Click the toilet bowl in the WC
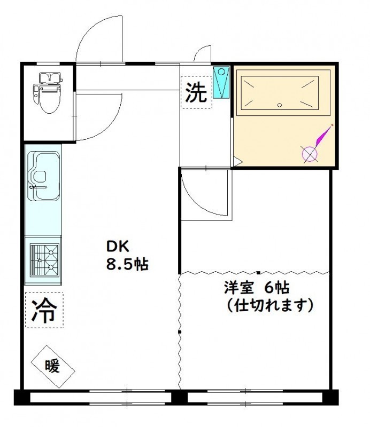coord(49,99)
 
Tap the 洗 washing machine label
coord(196,92)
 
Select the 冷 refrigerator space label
coord(44,310)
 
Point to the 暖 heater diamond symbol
coord(53,367)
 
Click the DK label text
coord(117,247)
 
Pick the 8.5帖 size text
coord(127,264)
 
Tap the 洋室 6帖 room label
coord(257,288)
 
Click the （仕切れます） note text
coord(269,305)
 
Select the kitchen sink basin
coord(43,176)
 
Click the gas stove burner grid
coord(44,260)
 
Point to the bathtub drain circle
coord(280,105)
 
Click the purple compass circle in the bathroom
coord(310,154)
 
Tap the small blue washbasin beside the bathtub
coord(221,82)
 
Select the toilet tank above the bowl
coord(49,77)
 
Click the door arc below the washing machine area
coord(196,202)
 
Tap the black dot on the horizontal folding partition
coord(258,272)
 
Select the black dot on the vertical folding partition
coord(180,331)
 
